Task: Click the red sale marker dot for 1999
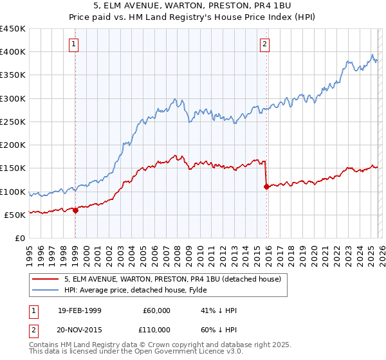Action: [x=75, y=210]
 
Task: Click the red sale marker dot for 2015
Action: [x=266, y=187]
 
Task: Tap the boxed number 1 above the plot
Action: [x=75, y=44]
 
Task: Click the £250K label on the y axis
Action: [x=13, y=122]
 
